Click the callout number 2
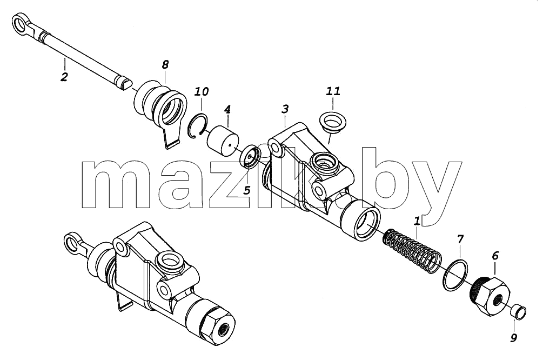coord(64,77)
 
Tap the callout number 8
coord(165,64)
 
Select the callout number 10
coord(201,91)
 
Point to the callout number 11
coord(333,91)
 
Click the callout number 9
coord(514,337)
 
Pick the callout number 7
coord(460,239)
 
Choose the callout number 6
coord(495,256)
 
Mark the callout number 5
coord(246,190)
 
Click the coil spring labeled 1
coord(413,248)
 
